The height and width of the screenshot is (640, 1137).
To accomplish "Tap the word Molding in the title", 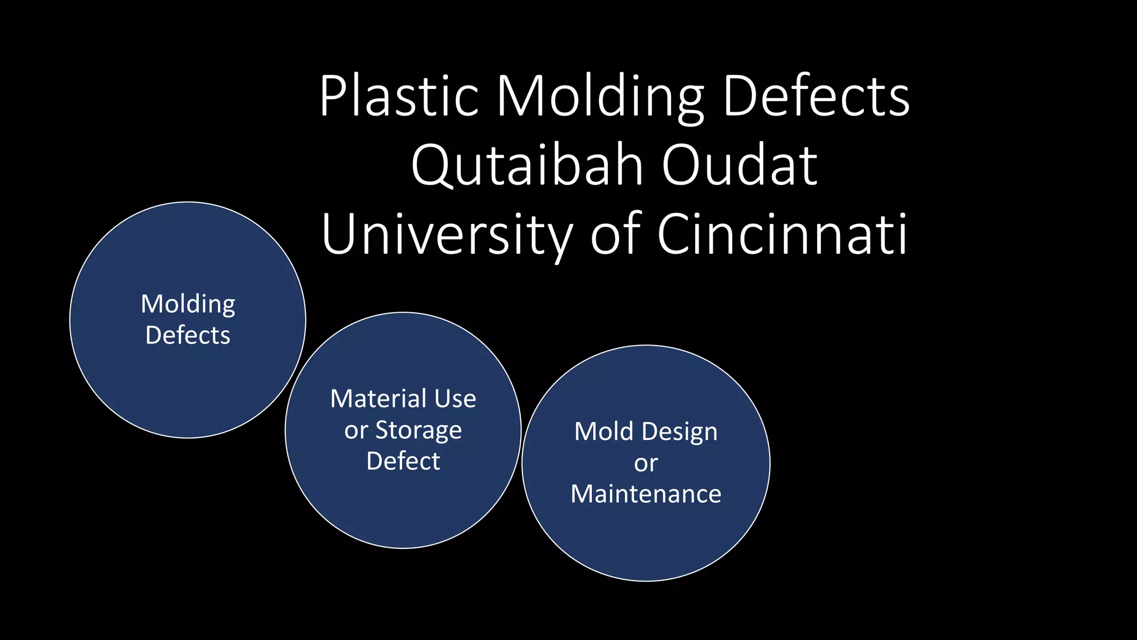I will [600, 98].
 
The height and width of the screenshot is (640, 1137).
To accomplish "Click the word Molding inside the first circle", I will [188, 305].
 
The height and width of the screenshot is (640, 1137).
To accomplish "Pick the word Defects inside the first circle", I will [188, 336].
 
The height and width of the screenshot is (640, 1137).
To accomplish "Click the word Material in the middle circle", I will [378, 399].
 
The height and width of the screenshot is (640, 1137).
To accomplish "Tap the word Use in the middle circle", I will [455, 399].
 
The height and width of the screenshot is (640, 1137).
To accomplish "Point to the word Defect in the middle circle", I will [403, 461].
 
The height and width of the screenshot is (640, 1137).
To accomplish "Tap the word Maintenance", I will [646, 494].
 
